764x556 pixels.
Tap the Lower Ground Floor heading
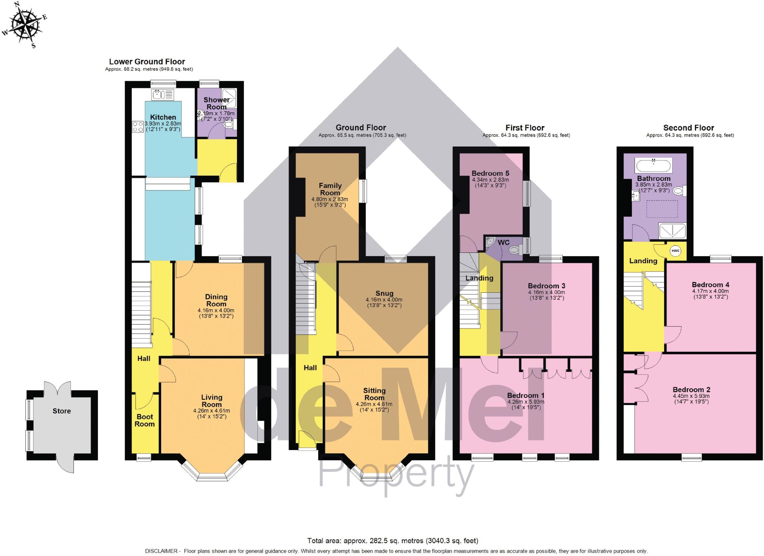point(147,62)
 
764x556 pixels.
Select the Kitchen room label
point(163,117)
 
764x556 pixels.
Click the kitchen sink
point(163,95)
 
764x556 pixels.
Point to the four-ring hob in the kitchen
point(138,127)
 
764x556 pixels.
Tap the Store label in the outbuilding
point(62,411)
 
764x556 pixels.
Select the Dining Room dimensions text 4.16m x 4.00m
point(216,310)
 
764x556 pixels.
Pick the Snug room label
point(384,293)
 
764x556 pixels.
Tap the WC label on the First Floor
point(504,242)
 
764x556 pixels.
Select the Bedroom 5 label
point(490,173)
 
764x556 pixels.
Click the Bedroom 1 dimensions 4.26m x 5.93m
point(526,402)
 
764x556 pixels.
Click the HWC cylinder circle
point(676,251)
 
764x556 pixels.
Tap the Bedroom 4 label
point(710,285)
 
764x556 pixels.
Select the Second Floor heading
point(688,128)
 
